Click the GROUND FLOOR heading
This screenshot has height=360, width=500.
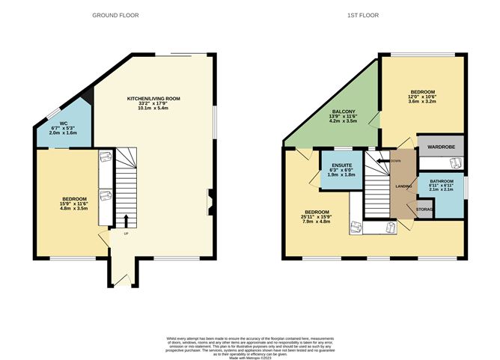point(115,15)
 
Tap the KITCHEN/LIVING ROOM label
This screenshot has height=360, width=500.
point(154,100)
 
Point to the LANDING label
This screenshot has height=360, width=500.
point(401,189)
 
